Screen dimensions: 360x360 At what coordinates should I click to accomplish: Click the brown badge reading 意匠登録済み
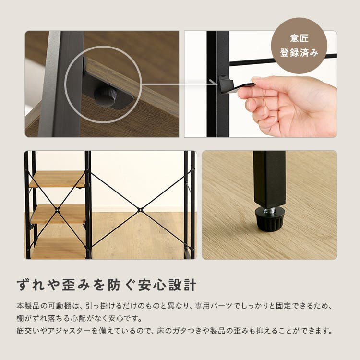[x=299, y=46]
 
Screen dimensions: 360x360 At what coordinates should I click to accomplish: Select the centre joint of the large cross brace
[x=139, y=210]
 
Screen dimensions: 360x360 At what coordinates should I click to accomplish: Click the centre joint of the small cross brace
[x=57, y=210]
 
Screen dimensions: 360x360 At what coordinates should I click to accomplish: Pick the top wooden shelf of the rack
[x=58, y=179]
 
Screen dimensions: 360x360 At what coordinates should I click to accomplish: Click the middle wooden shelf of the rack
[x=59, y=214]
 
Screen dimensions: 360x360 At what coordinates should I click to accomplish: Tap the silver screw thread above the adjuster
[x=269, y=210]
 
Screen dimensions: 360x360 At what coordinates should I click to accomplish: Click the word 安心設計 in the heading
[x=167, y=285]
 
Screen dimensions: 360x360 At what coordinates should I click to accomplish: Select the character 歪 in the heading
[x=69, y=285]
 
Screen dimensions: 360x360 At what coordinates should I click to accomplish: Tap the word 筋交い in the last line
[x=28, y=331]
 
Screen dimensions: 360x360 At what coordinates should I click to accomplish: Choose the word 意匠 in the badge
[x=299, y=38]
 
